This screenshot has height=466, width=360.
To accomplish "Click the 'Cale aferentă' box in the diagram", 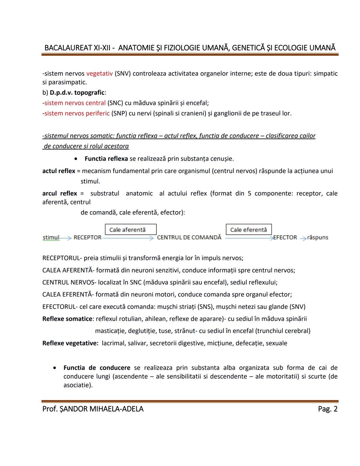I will coord(131,229).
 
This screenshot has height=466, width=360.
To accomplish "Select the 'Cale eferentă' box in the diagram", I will coord(249,229).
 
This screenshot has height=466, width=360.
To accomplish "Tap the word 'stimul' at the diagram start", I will coord(51,238).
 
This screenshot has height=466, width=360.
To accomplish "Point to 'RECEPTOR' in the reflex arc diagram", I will coord(87,238).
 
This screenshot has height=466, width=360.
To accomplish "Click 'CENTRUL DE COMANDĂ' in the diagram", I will coord(189,238).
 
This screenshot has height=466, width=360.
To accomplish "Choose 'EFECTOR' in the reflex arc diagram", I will coord(285,238).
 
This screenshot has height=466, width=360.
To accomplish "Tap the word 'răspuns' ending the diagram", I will coord(318,238).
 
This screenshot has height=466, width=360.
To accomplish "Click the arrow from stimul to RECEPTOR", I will coord(66,238).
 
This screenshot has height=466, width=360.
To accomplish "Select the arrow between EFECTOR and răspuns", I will coord(303,238).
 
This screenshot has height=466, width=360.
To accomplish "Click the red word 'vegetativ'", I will coord(99,74).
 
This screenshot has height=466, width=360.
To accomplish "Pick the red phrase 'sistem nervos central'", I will coord(75,103).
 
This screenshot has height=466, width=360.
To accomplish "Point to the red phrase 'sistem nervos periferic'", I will coord(77,113).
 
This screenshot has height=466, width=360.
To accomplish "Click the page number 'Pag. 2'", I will coord(328,409).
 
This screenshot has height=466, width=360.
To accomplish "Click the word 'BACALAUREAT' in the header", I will coord(68,48).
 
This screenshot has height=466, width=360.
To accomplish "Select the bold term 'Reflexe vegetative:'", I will coord(70,343).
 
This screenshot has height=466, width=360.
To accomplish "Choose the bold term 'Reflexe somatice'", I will coord(67,319).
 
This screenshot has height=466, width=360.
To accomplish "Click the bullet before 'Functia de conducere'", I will coord(55,368).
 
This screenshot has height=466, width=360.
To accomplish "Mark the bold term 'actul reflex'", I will coord(59,171).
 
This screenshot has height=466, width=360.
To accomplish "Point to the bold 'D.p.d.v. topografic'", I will coord(77,93).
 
